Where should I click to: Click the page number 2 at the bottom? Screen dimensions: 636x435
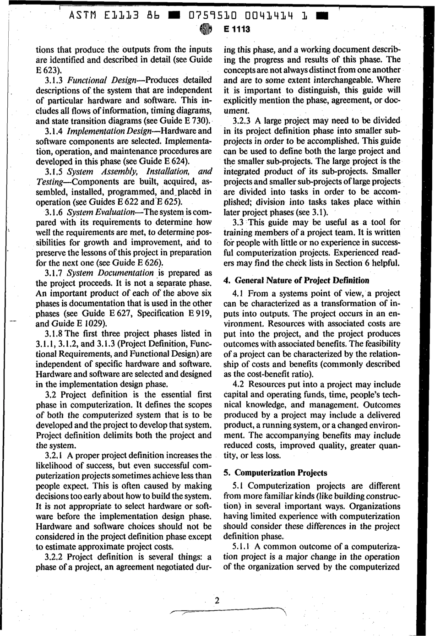tap(217, 600)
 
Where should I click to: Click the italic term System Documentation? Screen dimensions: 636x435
tap(110, 273)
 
